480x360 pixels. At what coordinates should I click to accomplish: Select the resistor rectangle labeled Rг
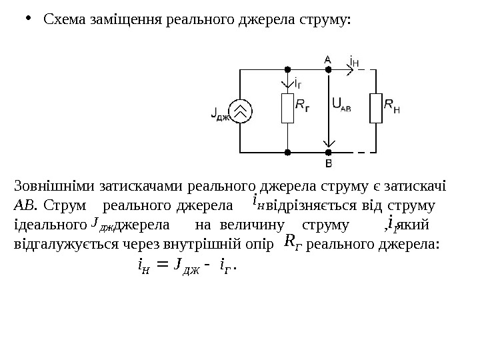287,108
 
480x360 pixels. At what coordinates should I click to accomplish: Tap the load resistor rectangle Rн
377,108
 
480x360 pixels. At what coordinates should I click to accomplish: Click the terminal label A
327,59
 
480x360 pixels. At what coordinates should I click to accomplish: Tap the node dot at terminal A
328,68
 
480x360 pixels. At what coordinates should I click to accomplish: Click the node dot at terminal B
328,152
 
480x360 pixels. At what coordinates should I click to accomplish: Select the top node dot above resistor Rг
287,68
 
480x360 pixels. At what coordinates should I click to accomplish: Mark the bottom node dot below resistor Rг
287,152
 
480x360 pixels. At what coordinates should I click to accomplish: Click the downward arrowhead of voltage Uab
328,143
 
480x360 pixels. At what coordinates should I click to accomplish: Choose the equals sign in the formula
160,268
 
